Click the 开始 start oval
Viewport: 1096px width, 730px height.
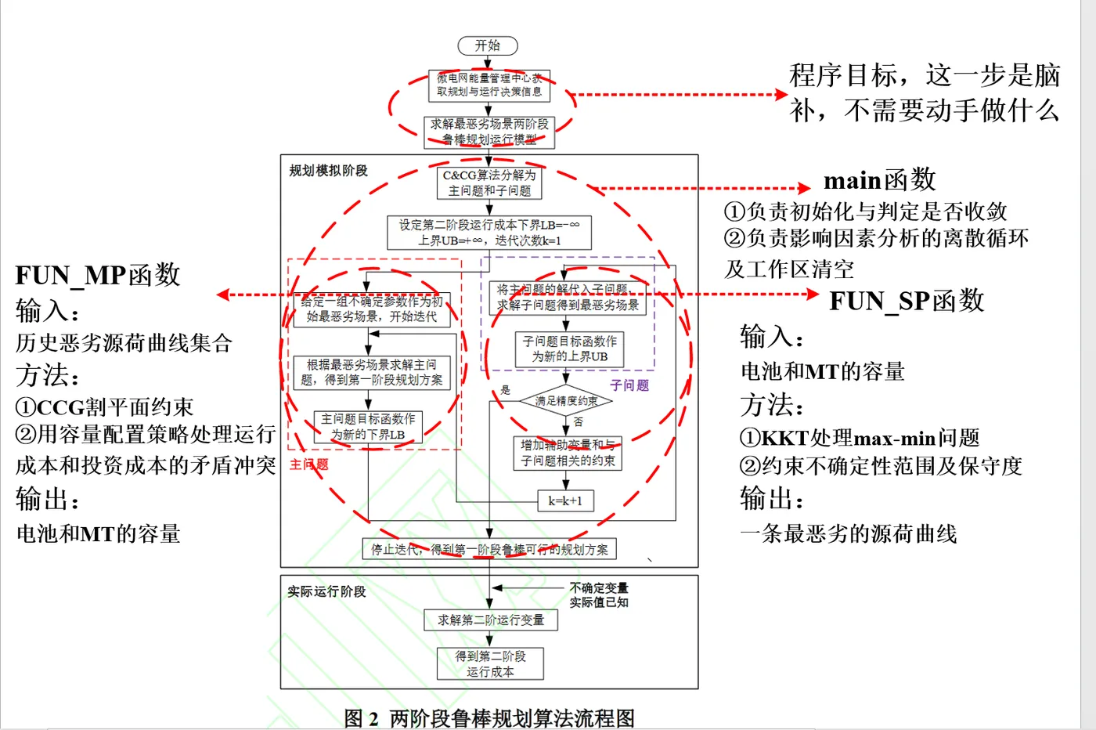point(487,46)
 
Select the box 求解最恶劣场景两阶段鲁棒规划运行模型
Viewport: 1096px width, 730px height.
point(489,132)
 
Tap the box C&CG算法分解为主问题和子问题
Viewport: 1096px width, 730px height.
point(489,182)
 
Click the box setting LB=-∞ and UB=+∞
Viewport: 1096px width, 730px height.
point(489,233)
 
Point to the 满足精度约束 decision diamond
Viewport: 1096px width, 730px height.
point(566,401)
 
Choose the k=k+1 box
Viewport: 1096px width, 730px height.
point(565,501)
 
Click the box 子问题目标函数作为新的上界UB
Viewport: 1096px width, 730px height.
point(569,349)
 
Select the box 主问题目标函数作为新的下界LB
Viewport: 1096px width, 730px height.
point(368,427)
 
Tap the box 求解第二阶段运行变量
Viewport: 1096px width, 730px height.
point(490,620)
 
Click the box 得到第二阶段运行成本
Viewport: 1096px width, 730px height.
point(490,663)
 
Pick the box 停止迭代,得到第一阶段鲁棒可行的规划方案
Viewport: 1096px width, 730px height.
point(489,549)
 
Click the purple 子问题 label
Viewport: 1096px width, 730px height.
point(629,385)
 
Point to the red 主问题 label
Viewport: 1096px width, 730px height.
point(309,464)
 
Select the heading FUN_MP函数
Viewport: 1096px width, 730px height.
point(98,275)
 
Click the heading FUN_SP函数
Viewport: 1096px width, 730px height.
point(907,301)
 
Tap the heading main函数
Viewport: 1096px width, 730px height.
point(879,180)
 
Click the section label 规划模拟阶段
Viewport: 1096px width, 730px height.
point(328,171)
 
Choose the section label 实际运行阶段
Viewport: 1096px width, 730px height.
point(326,591)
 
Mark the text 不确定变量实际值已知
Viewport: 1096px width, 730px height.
point(599,594)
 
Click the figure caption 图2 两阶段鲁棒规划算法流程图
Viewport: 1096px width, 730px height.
point(489,717)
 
